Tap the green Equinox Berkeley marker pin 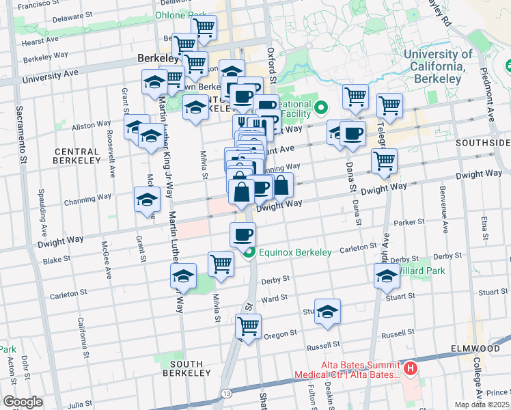pyautogui.click(x=249, y=253)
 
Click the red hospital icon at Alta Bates pyautogui.click(x=410, y=370)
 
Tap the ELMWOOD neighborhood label pyautogui.click(x=481, y=348)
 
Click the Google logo pyautogui.click(x=23, y=402)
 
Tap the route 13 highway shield pyautogui.click(x=225, y=392)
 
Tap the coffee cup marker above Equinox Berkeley pyautogui.click(x=243, y=234)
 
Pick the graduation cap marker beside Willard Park pyautogui.click(x=387, y=275)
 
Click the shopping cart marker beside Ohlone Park pyautogui.click(x=204, y=28)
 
